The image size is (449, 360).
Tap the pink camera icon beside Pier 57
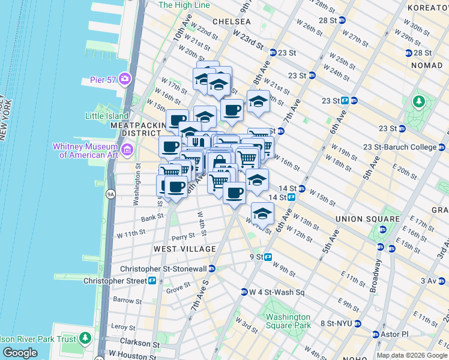pos(125,79)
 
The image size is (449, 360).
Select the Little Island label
pos(107,116)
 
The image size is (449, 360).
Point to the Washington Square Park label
pos(288,321)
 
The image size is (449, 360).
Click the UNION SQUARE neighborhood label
pos(367,219)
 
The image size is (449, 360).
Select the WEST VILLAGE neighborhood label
pos(184,249)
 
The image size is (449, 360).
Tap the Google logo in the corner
pos(20,353)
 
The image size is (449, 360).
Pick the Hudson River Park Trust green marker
pos(86,339)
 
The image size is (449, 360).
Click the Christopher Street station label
pos(115,281)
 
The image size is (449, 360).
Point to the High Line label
pos(184,5)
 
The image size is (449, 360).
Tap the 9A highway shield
pos(110,194)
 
